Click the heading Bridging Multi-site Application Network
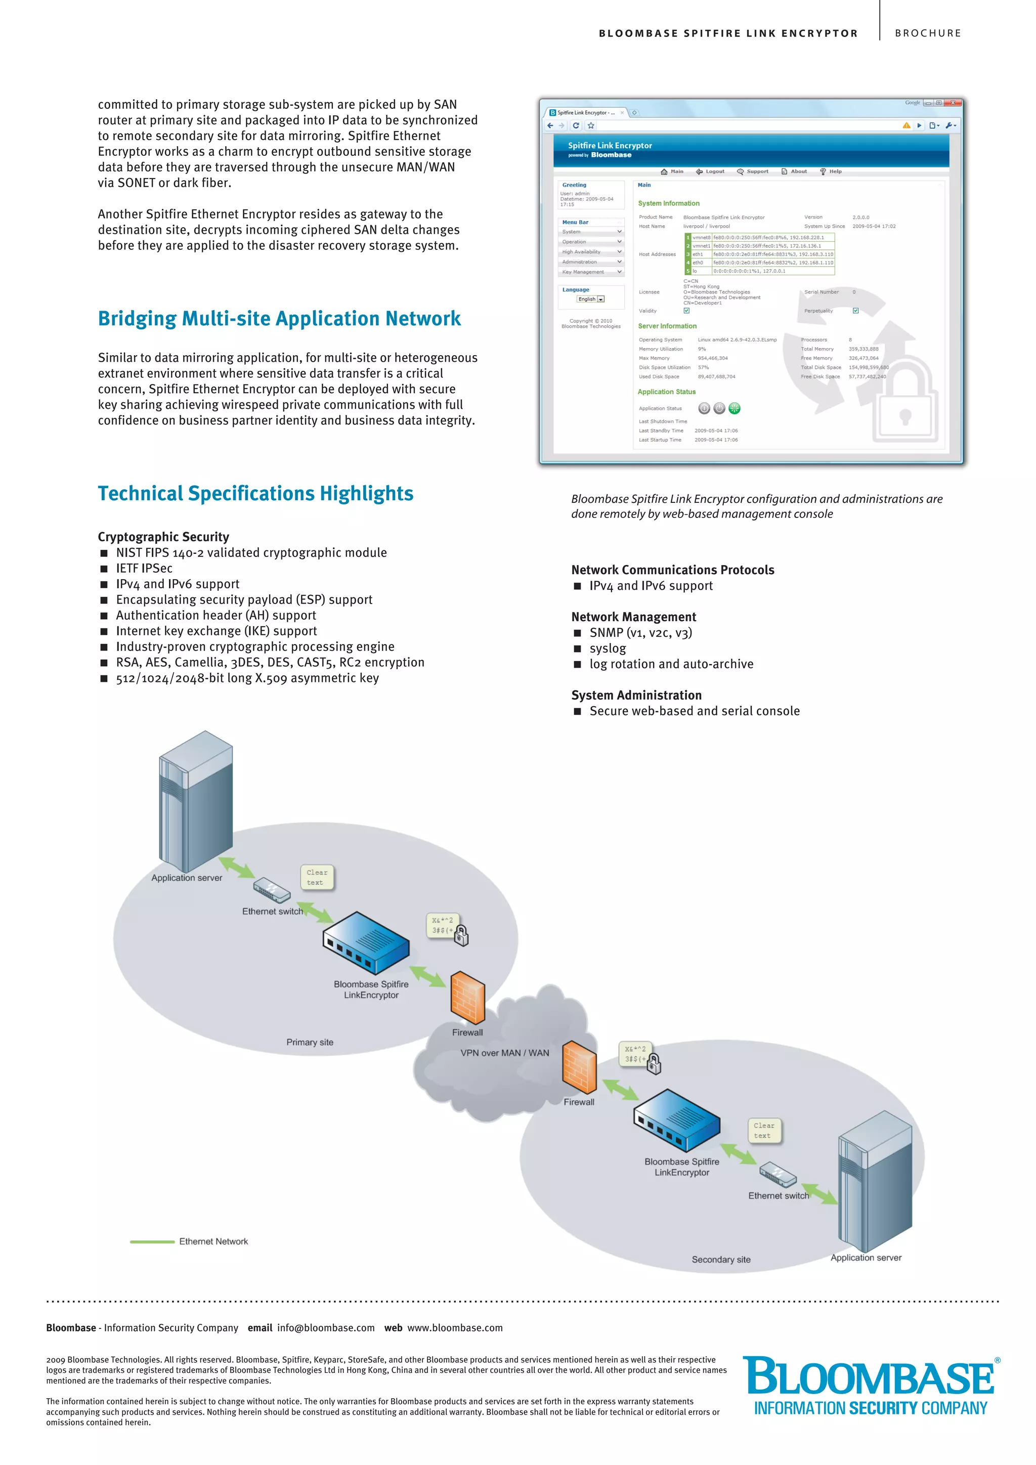279,318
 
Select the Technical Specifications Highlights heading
255,493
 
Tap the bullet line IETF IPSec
144,568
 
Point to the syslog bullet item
608,649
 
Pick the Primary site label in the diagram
310,1042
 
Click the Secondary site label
721,1260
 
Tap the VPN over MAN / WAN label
505,1053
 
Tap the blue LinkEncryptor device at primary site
366,942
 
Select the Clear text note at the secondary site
764,1131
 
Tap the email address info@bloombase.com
325,1328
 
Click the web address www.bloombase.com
455,1328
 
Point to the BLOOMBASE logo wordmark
870,1377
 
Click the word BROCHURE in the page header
928,33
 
